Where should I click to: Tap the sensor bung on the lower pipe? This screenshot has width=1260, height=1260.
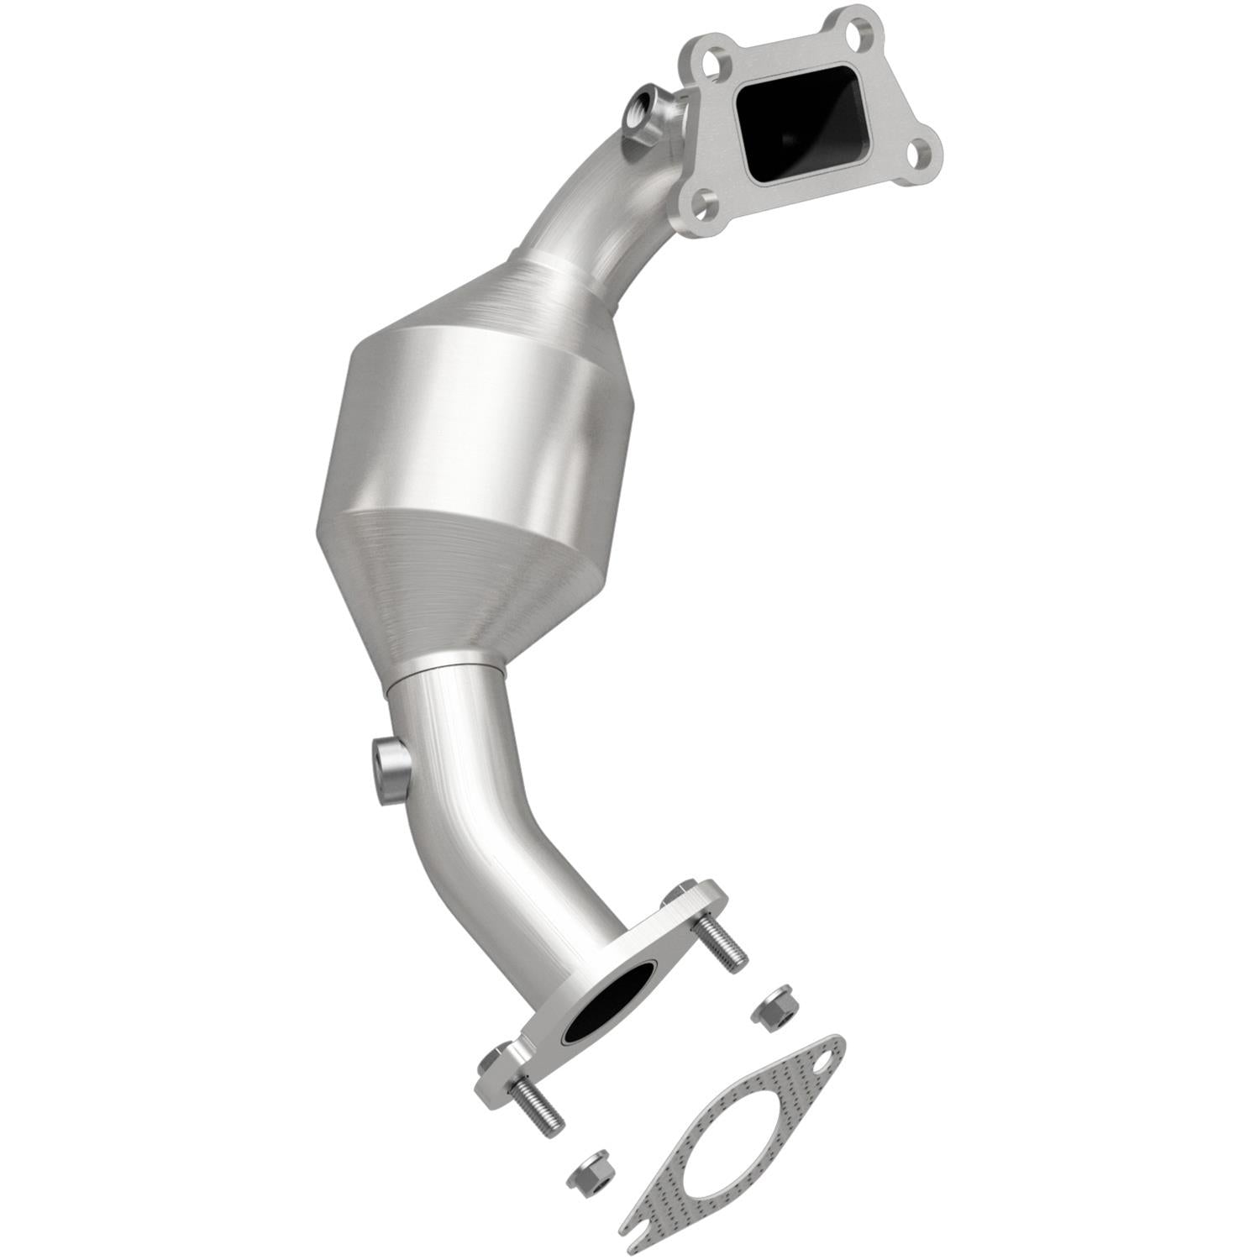tap(391, 767)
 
